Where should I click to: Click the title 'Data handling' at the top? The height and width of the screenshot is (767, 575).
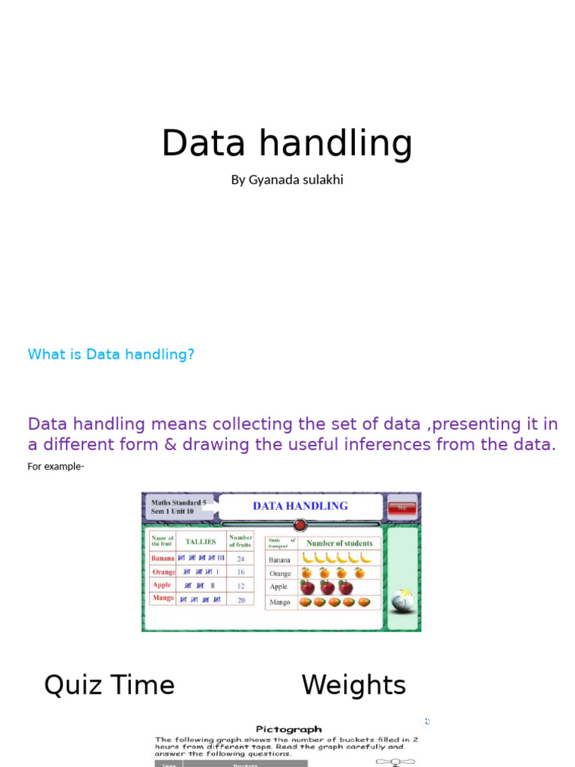coord(287,143)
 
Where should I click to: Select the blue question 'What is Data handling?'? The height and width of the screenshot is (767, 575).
coord(111,354)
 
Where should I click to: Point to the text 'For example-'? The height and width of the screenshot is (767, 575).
coord(55,467)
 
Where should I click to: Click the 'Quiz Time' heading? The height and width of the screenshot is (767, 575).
coord(109,685)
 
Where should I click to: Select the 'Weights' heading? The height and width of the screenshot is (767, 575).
coord(353,685)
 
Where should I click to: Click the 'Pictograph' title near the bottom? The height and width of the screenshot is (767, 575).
coord(288,729)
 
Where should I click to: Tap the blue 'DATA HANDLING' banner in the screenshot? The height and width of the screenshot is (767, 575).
coord(300,506)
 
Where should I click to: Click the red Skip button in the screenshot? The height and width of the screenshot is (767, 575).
coord(402,508)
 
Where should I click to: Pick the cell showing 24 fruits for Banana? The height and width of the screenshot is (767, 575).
coord(240,559)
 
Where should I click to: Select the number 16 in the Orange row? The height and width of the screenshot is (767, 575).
coord(240,572)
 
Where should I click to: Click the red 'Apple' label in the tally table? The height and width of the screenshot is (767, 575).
coord(162,585)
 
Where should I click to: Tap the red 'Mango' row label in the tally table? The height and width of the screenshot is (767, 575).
coord(162,598)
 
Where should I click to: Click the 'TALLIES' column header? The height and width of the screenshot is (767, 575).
coord(201,542)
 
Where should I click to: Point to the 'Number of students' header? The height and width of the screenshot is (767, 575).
coord(339,544)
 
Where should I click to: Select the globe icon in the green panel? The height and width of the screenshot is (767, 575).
coord(402,599)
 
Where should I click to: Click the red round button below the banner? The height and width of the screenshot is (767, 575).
coord(299,525)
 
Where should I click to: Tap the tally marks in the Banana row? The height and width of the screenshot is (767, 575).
coord(201,559)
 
